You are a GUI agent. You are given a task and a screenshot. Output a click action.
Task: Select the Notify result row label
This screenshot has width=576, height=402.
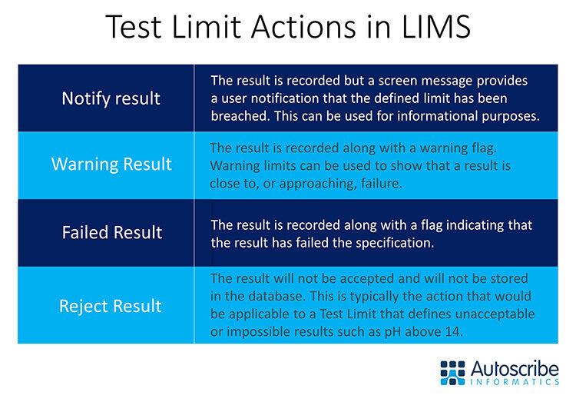click(111, 98)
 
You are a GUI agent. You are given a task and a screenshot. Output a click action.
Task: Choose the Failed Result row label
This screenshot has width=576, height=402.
click(112, 232)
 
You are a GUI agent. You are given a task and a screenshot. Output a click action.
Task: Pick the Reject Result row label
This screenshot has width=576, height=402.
click(111, 306)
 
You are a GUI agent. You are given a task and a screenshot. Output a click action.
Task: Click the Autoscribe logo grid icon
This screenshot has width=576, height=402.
click(453, 371)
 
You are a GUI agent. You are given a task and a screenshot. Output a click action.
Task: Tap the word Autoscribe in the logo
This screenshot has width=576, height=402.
click(514, 366)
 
